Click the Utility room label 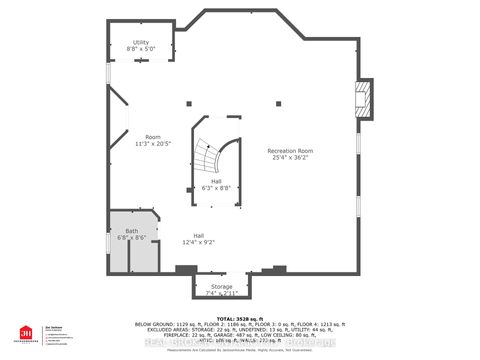tap(140, 41)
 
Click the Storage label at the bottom tap(221, 287)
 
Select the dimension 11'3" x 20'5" tap(153, 144)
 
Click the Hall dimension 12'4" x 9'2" tap(199, 242)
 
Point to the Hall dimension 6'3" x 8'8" tap(216, 188)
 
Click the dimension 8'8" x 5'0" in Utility tap(140, 48)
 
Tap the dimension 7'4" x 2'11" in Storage tap(221, 293)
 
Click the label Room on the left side tap(153, 137)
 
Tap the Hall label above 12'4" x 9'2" tap(199, 235)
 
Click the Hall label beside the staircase tap(216, 181)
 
